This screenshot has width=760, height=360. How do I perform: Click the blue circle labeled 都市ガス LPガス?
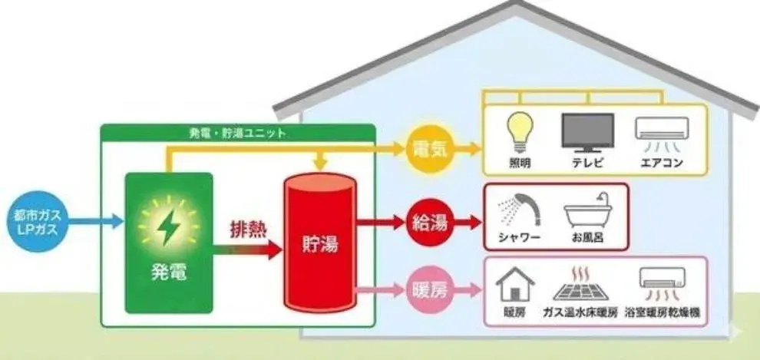[x=38, y=221]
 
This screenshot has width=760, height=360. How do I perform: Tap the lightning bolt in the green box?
[x=169, y=226]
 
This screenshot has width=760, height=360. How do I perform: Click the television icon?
[x=587, y=132]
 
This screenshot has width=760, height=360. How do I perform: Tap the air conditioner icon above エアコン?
[x=662, y=134]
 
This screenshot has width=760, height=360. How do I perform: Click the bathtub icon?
[x=588, y=211]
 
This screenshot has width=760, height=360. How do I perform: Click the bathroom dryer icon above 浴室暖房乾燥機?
[x=662, y=284]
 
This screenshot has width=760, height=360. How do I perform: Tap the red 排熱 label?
[x=249, y=230]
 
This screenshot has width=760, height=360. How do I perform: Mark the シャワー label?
[x=519, y=239]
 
